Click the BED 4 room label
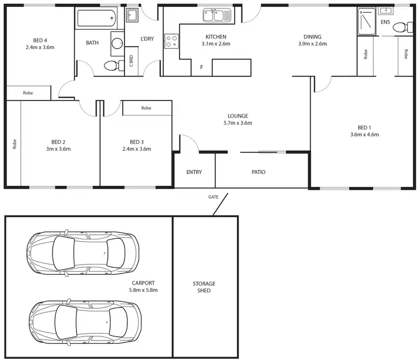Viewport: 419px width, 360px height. [40, 40]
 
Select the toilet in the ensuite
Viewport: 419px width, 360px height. [401, 27]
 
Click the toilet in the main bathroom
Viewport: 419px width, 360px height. [112, 66]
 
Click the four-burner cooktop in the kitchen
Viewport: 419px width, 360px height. [171, 40]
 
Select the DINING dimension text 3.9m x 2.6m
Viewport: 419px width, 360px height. [312, 44]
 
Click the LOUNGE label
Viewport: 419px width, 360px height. [238, 116]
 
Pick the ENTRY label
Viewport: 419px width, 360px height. [194, 172]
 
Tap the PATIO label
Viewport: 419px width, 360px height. [258, 172]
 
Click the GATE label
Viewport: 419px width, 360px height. [213, 197]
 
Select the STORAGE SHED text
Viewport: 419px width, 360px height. [204, 287]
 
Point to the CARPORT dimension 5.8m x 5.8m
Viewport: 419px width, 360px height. [144, 290]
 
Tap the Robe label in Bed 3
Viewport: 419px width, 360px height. [146, 108]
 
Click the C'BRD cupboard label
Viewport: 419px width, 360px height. [131, 61]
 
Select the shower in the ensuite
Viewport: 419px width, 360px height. [366, 22]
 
